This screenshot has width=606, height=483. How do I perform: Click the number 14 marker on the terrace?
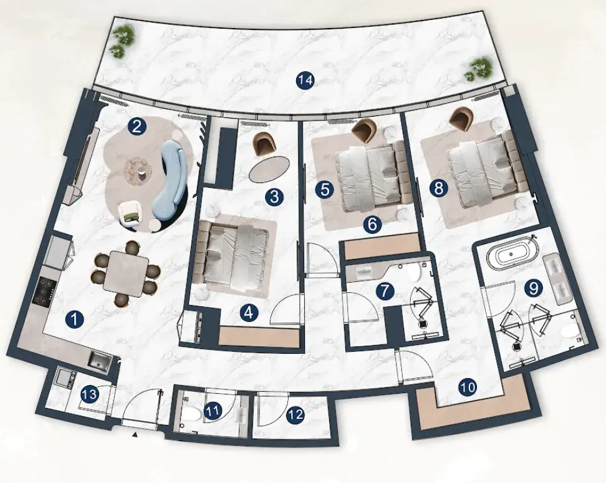pos(305,80)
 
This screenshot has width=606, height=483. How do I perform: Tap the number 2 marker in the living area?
pos(137,127)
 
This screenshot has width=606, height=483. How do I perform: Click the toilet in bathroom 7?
pos(414,272)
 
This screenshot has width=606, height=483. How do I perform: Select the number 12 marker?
pos(296,416)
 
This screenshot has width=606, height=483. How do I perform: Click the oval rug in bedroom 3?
pos(269,169)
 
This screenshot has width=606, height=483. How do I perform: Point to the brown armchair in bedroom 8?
pos(460,119)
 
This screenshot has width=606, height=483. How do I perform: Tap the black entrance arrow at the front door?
pos(135,435)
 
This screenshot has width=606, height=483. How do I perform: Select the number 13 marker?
pos(90,394)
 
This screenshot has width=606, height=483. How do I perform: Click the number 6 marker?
pos(372,224)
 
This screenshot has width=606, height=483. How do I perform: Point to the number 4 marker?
pos(249,313)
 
